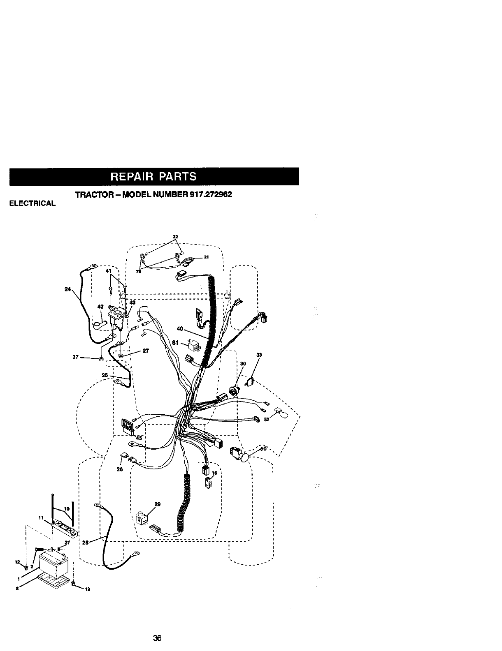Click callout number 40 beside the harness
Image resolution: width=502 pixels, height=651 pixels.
pyautogui.click(x=179, y=328)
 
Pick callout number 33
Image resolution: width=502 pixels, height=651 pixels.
pyautogui.click(x=259, y=355)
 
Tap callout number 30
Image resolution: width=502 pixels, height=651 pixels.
pyautogui.click(x=243, y=363)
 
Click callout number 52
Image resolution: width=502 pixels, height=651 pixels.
pyautogui.click(x=267, y=420)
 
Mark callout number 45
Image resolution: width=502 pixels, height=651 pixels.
pyautogui.click(x=139, y=439)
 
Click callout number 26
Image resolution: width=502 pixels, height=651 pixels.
pyautogui.click(x=120, y=469)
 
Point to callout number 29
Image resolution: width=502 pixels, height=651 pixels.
pyautogui.click(x=157, y=504)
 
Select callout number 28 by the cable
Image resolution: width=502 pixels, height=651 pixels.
pyautogui.click(x=86, y=543)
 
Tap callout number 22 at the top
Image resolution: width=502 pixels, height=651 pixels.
pyautogui.click(x=175, y=236)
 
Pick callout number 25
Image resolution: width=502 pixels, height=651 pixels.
pyautogui.click(x=105, y=375)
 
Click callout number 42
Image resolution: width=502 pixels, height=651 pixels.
pyautogui.click(x=100, y=306)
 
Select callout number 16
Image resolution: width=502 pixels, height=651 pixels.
pyautogui.click(x=214, y=473)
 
